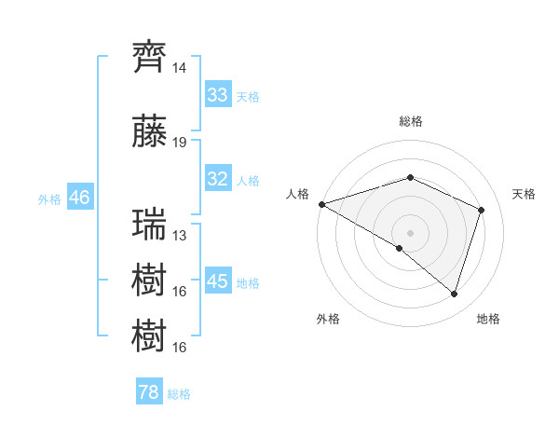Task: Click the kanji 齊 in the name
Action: click(x=150, y=57)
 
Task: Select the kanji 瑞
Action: click(x=150, y=225)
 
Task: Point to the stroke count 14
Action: click(x=180, y=69)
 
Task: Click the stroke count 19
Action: click(x=180, y=143)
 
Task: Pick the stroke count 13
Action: click(x=180, y=236)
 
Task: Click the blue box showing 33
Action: click(x=218, y=95)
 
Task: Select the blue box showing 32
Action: click(x=218, y=179)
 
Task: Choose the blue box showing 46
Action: click(x=79, y=198)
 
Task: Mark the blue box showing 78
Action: click(x=148, y=392)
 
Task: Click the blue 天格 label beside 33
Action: click(x=247, y=97)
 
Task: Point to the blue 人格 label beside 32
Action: click(x=247, y=181)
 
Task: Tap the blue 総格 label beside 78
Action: click(x=179, y=394)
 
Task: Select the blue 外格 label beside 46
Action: click(x=49, y=199)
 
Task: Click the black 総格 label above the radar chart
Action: click(x=410, y=121)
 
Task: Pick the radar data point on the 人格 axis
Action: click(x=321, y=204)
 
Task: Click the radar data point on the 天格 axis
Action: click(x=482, y=210)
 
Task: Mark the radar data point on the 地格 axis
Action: click(x=454, y=294)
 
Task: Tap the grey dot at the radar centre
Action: click(x=410, y=232)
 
